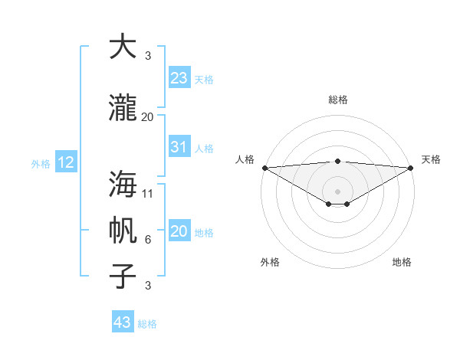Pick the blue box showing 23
(179, 78)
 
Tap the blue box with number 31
(179, 148)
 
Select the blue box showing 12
(66, 162)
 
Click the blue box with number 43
(123, 322)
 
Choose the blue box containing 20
(179, 231)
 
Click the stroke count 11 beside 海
(148, 193)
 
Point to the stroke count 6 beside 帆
(148, 240)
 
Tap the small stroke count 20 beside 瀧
(148, 116)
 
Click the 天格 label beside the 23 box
(204, 80)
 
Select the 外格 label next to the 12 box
(41, 163)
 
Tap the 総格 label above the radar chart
(337, 100)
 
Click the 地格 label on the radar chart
(402, 262)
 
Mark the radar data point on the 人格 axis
(264, 168)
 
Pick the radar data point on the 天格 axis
(411, 168)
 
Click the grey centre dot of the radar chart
(337, 191)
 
